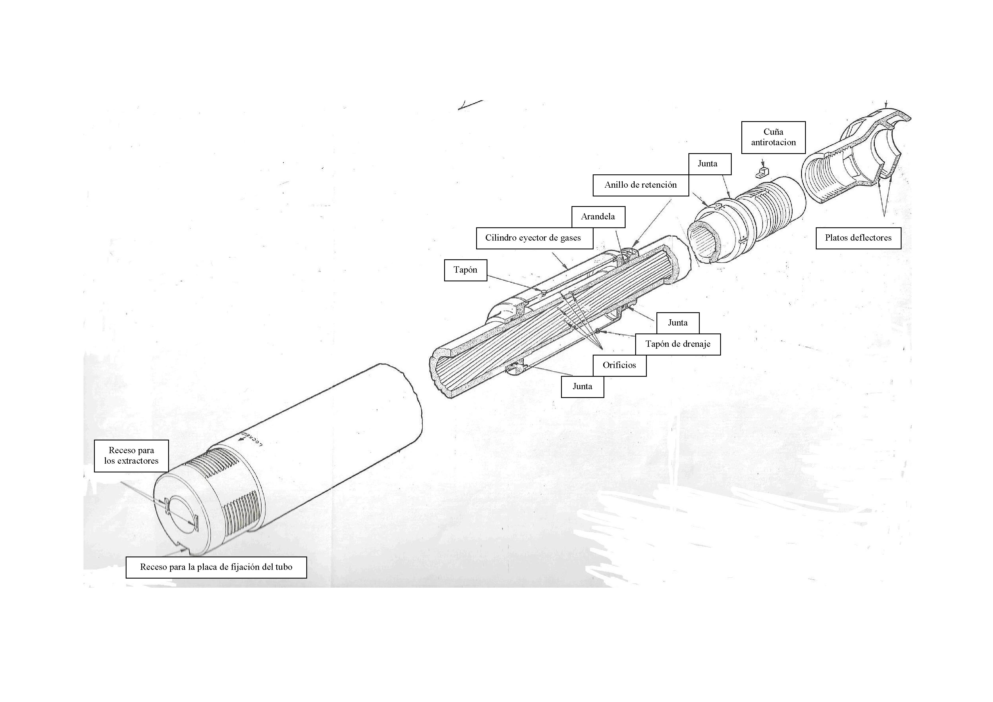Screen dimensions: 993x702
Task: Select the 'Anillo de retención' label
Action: click(641, 185)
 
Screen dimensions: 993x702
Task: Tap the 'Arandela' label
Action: click(598, 217)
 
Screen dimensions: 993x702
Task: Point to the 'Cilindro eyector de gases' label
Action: click(534, 238)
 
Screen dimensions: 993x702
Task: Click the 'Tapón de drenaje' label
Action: click(678, 344)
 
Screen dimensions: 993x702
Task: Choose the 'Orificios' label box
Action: click(619, 365)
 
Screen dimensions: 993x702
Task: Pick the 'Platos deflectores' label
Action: click(859, 238)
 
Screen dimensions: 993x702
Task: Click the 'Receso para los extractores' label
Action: click(131, 456)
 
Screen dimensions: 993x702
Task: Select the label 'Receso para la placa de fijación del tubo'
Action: click(216, 567)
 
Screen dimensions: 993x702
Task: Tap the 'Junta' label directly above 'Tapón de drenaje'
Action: click(678, 323)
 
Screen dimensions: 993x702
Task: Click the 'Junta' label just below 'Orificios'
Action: click(583, 387)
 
